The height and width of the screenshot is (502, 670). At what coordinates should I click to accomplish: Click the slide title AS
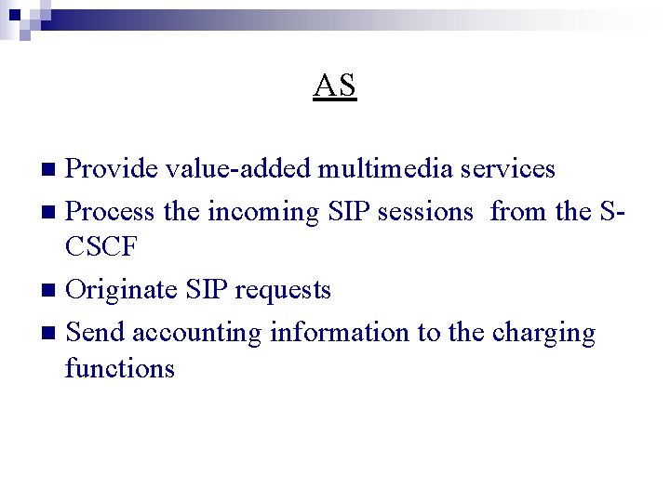[x=335, y=86]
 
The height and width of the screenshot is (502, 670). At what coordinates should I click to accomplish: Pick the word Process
[x=112, y=212]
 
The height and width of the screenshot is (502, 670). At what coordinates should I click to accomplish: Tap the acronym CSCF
[x=103, y=247]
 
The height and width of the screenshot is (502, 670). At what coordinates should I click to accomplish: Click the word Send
[x=97, y=333]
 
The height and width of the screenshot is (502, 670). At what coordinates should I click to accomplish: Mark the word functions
[x=120, y=369]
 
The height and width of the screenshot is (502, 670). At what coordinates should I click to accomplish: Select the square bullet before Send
[x=51, y=334]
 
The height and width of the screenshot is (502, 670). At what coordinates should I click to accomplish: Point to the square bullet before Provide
[x=51, y=170]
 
